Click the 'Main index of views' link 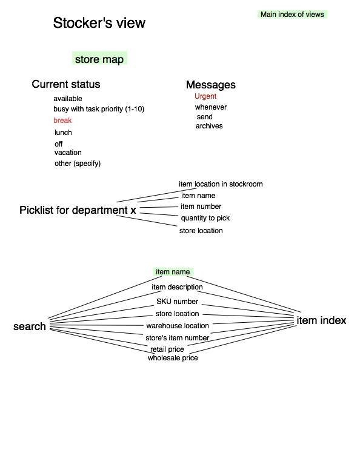coord(292,15)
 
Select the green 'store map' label coord(99,59)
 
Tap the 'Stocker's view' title coord(99,22)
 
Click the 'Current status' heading coord(66,84)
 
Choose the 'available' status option coord(68,99)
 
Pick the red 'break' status coord(62,120)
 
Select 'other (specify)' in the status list coord(78,164)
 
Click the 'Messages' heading coord(211,85)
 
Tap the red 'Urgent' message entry coord(205,96)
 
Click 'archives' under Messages coord(209,126)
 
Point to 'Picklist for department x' coord(78,210)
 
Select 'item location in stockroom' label coord(221,184)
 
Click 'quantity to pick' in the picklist coord(205,218)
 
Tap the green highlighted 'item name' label coord(173,272)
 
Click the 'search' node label coord(30,326)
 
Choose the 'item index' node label coord(321,320)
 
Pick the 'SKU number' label coord(177,302)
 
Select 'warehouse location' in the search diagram coord(178,326)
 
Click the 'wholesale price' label coord(173,358)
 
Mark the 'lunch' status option coord(63,133)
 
